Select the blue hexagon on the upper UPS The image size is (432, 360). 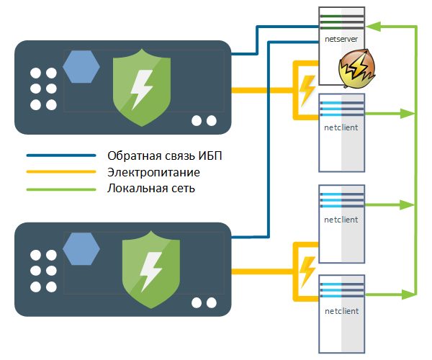click(81, 67)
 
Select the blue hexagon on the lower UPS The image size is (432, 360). click(81, 248)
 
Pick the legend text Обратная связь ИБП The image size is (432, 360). click(170, 156)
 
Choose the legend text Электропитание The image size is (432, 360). click(153, 173)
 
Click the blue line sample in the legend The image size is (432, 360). click(60, 156)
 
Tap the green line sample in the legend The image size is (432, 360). click(60, 190)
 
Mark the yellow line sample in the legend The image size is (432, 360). click(60, 173)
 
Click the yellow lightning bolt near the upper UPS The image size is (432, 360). click(307, 89)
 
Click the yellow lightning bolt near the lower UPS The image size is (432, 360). click(307, 271)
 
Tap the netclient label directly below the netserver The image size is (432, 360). click(341, 127)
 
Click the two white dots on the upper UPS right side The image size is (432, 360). click(202, 120)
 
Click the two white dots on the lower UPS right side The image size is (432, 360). click(202, 301)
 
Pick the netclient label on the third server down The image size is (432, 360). click(341, 219)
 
